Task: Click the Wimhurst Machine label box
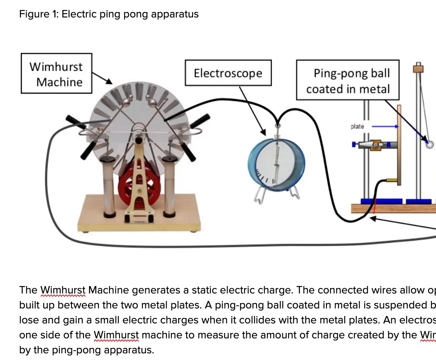56,74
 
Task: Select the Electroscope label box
228,73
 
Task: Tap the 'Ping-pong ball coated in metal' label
348,81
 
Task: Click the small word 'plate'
357,126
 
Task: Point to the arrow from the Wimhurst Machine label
102,77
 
